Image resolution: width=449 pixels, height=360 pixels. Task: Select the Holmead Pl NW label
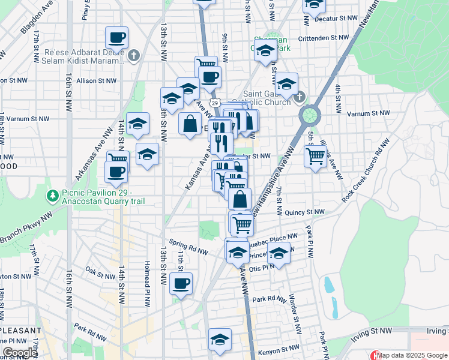pyautogui.click(x=147, y=283)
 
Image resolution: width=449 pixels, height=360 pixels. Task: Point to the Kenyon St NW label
pyautogui.click(x=278, y=348)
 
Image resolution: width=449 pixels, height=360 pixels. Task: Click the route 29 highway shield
pyautogui.click(x=214, y=103)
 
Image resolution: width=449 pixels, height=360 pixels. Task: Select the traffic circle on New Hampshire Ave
pyautogui.click(x=309, y=114)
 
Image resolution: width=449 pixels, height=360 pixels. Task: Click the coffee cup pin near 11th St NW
pyautogui.click(x=181, y=283)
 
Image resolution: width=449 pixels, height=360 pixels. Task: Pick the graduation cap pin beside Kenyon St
pyautogui.click(x=220, y=339)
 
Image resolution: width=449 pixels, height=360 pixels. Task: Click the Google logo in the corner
pyautogui.click(x=20, y=353)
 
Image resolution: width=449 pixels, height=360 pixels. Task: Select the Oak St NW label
pyautogui.click(x=99, y=273)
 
